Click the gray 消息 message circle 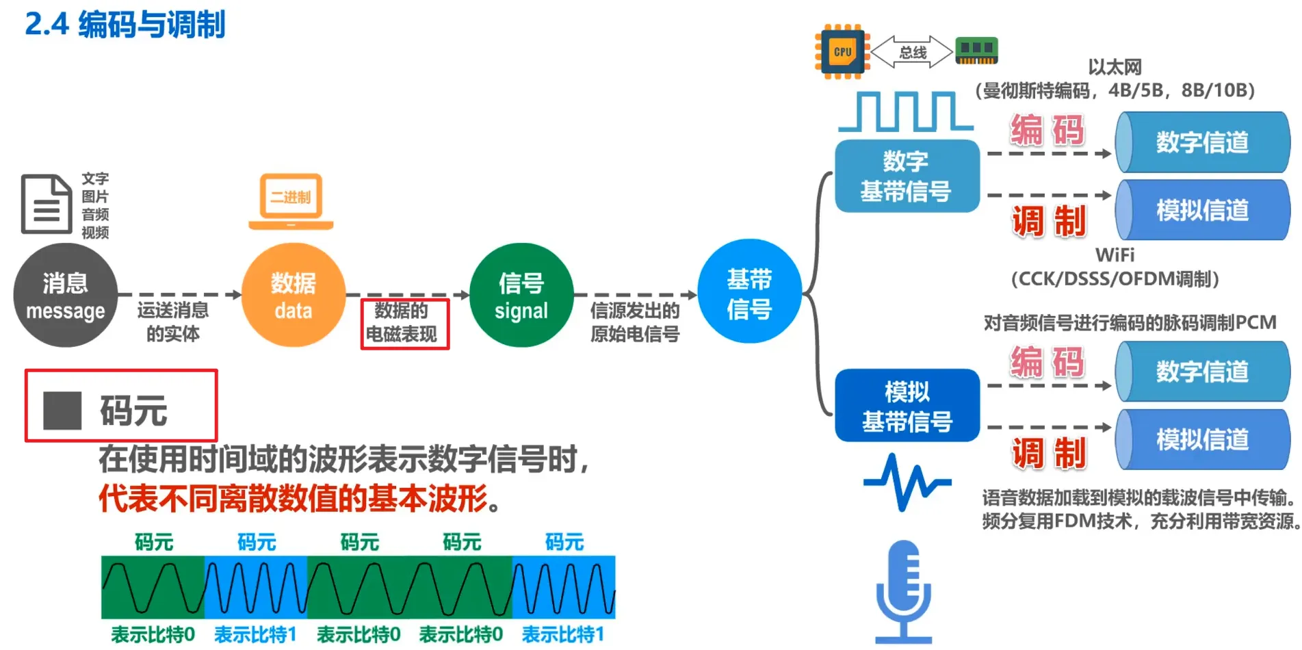(65, 296)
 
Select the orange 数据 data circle (293, 296)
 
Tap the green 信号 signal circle (521, 296)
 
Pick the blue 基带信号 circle (749, 291)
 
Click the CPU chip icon (842, 52)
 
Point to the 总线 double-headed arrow (912, 52)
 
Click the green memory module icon (976, 51)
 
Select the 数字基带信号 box (907, 176)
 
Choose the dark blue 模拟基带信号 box (907, 406)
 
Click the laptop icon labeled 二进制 (291, 201)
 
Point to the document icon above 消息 (47, 204)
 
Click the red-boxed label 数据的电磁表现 (404, 323)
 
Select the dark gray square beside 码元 (62, 411)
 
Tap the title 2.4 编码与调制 (125, 25)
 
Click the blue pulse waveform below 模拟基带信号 (907, 482)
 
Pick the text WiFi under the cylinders (1115, 255)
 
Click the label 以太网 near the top (1115, 67)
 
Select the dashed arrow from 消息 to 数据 (179, 295)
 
